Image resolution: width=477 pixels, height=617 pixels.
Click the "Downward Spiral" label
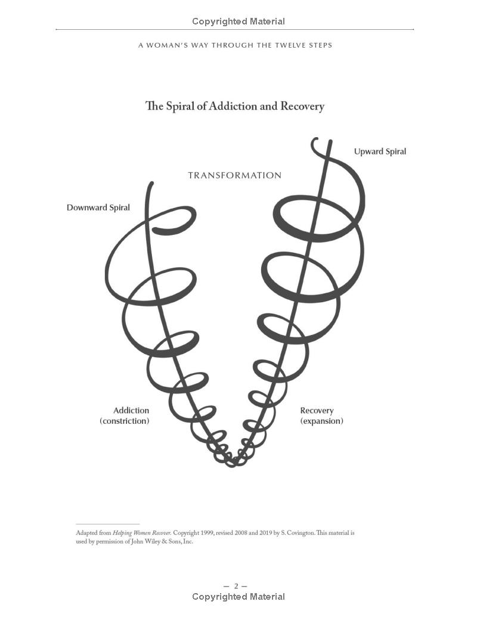[98, 208]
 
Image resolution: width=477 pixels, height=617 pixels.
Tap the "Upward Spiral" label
[380, 151]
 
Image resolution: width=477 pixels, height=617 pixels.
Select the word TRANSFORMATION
[235, 175]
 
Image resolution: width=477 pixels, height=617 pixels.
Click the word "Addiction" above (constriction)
[131, 410]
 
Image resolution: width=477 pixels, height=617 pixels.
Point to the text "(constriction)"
[125, 421]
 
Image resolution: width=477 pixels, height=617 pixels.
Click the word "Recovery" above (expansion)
[317, 411]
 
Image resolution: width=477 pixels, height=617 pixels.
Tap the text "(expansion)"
[321, 421]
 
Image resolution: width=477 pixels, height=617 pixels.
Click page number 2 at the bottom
[236, 587]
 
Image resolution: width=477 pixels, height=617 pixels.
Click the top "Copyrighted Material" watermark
[238, 21]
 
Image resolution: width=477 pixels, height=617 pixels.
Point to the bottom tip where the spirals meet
[232, 464]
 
